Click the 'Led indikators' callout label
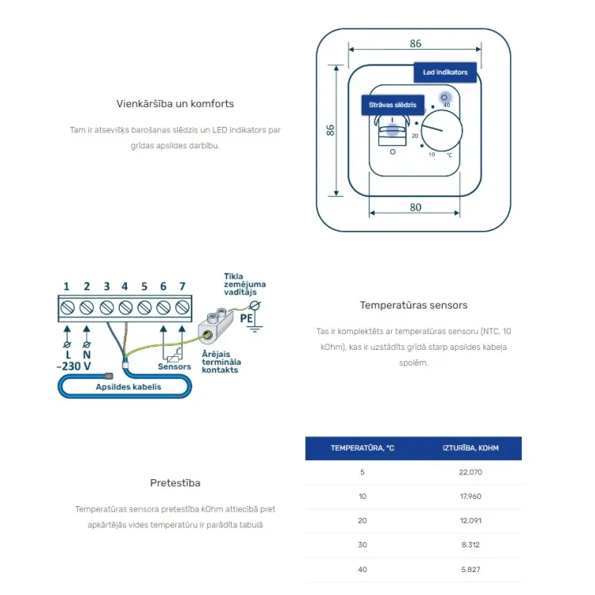tap(445, 72)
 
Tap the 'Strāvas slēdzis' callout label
tap(393, 105)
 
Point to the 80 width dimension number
tap(416, 207)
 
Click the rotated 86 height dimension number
tap(330, 130)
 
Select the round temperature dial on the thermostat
tap(442, 131)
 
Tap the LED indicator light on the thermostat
tap(444, 98)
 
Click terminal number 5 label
tap(144, 286)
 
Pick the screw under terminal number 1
tap(67, 307)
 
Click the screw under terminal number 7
tap(182, 307)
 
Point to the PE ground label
tap(246, 318)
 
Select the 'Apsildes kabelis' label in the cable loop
tap(129, 386)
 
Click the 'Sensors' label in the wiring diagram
tap(175, 367)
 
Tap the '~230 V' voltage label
tap(74, 367)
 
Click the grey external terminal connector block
tap(215, 326)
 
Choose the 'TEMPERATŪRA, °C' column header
tap(363, 448)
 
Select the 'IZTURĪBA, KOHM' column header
tap(470, 448)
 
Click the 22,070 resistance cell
tap(470, 473)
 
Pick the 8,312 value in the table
tap(470, 545)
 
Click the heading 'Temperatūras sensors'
tap(413, 305)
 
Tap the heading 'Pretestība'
tap(175, 482)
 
